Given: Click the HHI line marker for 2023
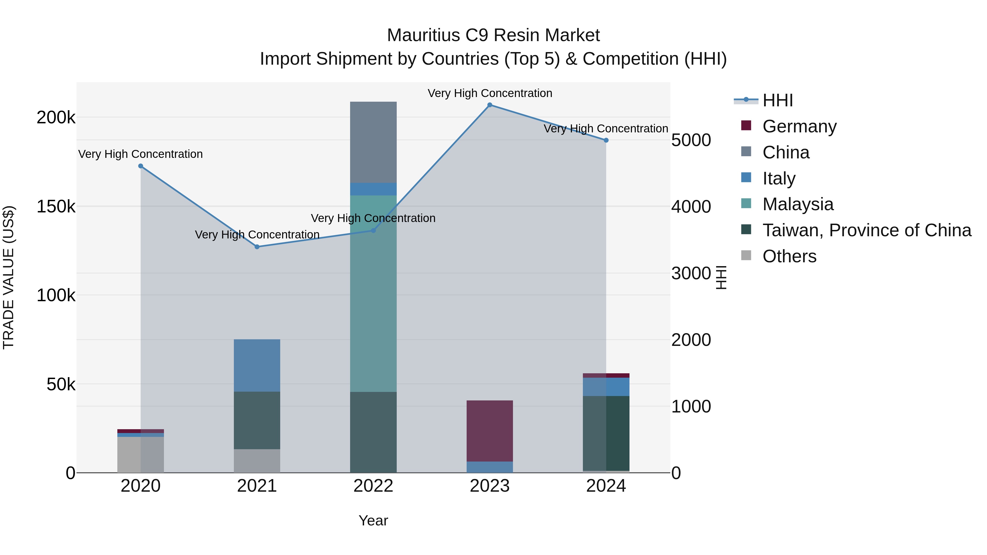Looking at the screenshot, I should [490, 105].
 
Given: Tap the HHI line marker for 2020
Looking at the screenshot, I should [141, 166].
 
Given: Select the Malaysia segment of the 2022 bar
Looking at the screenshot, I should [373, 293].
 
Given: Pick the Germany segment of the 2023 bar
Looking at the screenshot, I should [490, 431].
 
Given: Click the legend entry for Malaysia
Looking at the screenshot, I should [798, 204].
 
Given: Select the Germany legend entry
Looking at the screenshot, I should [799, 126].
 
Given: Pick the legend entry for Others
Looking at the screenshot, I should [789, 256].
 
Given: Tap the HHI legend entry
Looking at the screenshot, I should [778, 100].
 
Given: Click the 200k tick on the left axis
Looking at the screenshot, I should [56, 118].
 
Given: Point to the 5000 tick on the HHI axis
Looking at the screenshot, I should [691, 140].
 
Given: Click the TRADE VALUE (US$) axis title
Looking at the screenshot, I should [8, 277].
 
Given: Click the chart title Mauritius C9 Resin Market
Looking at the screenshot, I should [493, 35].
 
